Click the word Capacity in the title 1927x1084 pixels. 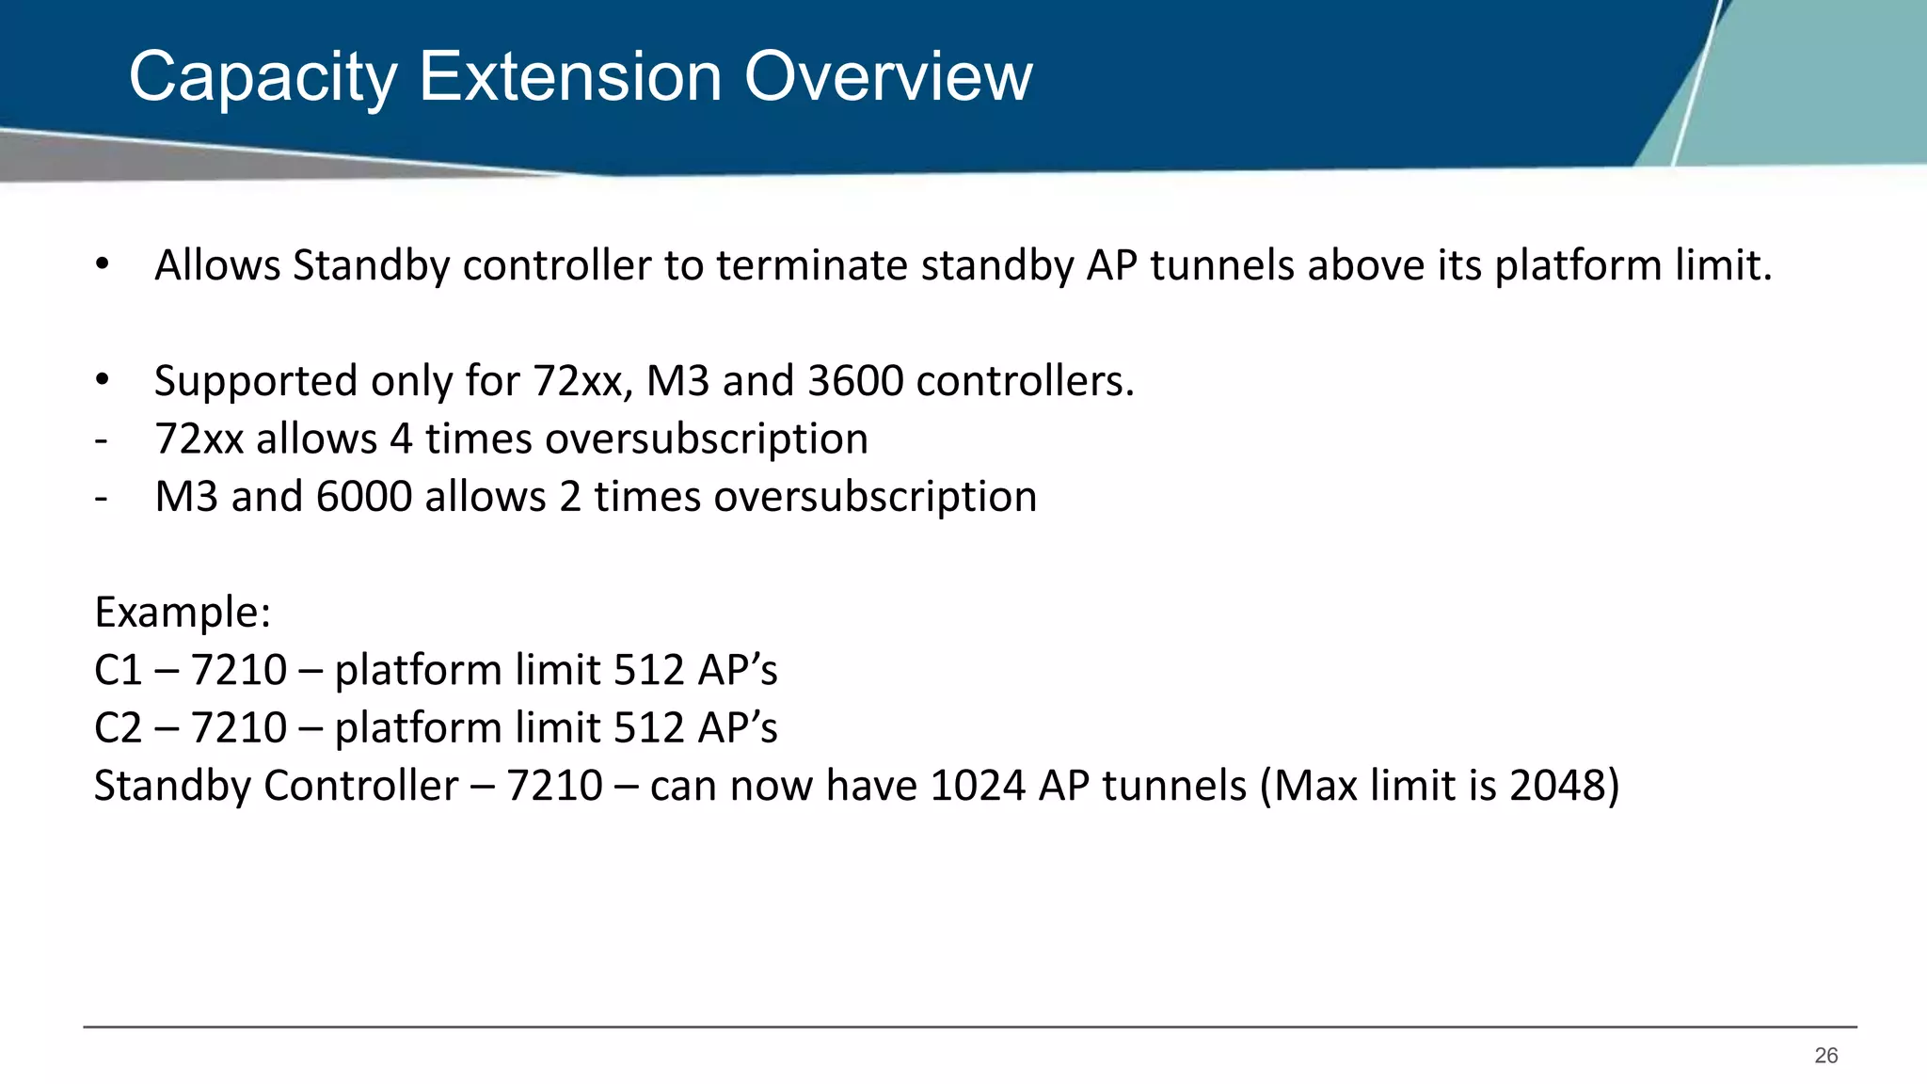point(263,78)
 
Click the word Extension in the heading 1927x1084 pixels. point(569,76)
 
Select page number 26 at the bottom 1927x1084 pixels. point(1825,1056)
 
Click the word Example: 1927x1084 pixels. point(183,613)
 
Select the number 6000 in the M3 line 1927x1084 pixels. point(364,497)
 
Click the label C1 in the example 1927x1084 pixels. point(118,670)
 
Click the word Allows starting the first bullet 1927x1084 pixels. point(217,265)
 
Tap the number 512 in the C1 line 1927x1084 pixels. point(648,670)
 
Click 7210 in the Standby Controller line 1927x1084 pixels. point(554,786)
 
